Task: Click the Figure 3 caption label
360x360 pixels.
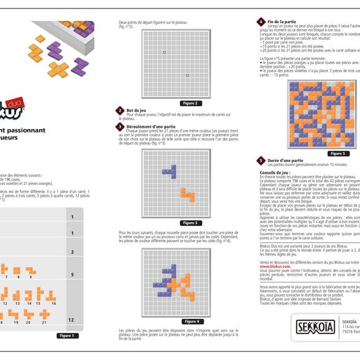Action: pyautogui.click(x=192, y=223)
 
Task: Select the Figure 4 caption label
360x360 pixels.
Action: pyautogui.click(x=192, y=321)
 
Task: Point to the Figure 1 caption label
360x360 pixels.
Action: pyautogui.click(x=68, y=336)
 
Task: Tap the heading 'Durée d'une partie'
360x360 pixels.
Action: pyautogui.click(x=283, y=160)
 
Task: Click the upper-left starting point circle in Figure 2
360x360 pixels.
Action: pyautogui.click(x=164, y=52)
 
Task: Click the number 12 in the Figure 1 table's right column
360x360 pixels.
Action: pyautogui.click(x=71, y=320)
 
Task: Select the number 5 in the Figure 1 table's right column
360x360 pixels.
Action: pyautogui.click(x=71, y=275)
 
